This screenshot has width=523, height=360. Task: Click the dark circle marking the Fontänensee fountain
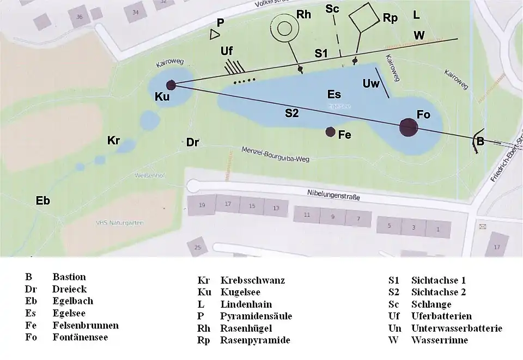click(409, 127)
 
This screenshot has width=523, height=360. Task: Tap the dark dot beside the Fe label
click(330, 131)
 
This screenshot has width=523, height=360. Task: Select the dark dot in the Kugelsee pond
click(171, 85)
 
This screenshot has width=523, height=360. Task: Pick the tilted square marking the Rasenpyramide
click(363, 18)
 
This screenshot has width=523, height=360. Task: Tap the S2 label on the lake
click(292, 113)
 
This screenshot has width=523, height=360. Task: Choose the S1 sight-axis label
click(321, 53)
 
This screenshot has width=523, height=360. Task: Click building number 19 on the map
click(202, 205)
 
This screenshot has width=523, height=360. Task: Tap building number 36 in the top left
click(80, 17)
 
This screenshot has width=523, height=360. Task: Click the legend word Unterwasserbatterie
click(457, 328)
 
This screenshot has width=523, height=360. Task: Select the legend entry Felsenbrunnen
click(85, 325)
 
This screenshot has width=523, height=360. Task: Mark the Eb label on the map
click(42, 200)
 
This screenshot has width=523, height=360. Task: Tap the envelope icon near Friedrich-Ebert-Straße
click(482, 225)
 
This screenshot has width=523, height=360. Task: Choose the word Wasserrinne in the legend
click(440, 340)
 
